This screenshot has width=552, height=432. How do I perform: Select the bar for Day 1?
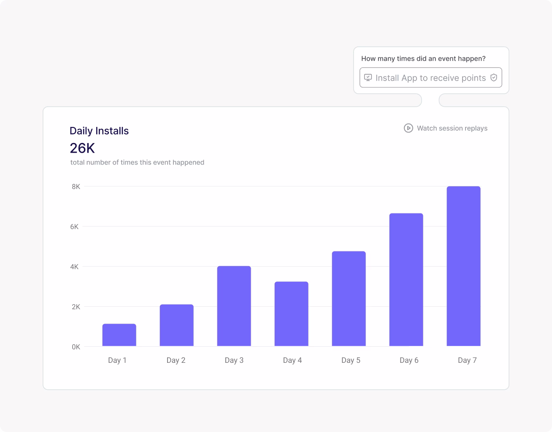pyautogui.click(x=119, y=335)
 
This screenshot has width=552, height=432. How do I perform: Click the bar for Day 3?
pyautogui.click(x=234, y=306)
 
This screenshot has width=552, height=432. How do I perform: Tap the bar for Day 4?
pyautogui.click(x=291, y=314)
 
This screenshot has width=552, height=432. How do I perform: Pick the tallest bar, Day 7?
pyautogui.click(x=463, y=266)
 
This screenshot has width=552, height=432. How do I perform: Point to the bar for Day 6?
pyautogui.click(x=406, y=280)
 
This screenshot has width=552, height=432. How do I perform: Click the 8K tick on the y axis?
pyautogui.click(x=76, y=186)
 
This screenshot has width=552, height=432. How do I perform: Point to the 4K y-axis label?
pyautogui.click(x=75, y=267)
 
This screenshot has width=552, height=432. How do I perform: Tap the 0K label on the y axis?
pyautogui.click(x=76, y=347)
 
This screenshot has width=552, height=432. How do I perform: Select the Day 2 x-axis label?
pyautogui.click(x=176, y=360)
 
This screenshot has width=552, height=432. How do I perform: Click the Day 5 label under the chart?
pyautogui.click(x=351, y=360)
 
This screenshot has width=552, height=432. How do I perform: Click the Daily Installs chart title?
pyautogui.click(x=99, y=131)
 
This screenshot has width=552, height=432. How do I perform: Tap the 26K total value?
pyautogui.click(x=82, y=148)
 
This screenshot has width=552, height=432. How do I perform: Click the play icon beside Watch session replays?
pyautogui.click(x=408, y=128)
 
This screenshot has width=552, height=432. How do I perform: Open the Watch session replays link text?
pyautogui.click(x=452, y=128)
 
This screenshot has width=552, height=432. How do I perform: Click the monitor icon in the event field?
pyautogui.click(x=368, y=78)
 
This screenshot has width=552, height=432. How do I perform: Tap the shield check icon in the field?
pyautogui.click(x=494, y=78)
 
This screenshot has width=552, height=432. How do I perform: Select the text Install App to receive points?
pyautogui.click(x=430, y=78)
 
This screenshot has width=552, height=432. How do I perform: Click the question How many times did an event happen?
pyautogui.click(x=423, y=59)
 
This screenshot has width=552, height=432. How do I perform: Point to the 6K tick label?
pyautogui.click(x=75, y=227)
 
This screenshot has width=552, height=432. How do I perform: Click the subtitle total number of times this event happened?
pyautogui.click(x=137, y=162)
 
